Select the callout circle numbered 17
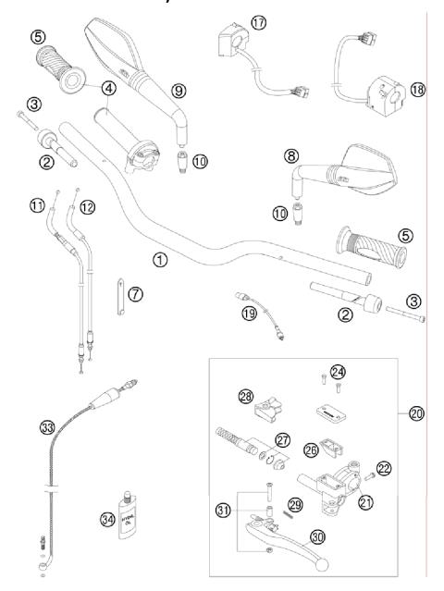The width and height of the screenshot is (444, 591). (x=258, y=21)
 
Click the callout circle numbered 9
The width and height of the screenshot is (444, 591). (x=179, y=91)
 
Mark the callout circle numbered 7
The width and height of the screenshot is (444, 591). (x=135, y=294)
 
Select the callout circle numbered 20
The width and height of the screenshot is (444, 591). (x=415, y=413)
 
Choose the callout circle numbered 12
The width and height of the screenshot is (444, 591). (x=88, y=207)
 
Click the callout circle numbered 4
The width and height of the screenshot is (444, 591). (x=110, y=90)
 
